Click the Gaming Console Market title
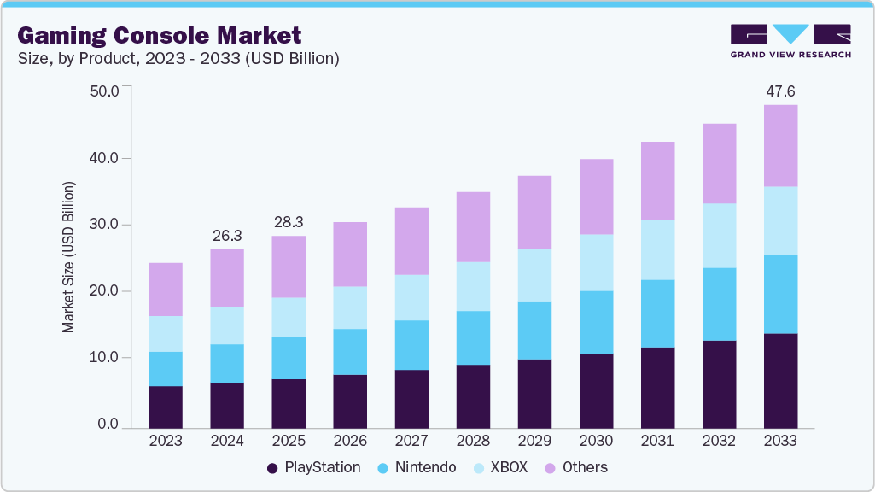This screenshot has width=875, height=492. point(160,36)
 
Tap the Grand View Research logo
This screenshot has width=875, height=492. point(790,41)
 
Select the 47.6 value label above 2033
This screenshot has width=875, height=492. point(780,91)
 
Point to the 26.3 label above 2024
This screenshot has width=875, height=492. point(226,235)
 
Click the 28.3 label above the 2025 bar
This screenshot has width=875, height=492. point(288,222)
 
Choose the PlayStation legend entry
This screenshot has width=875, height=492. point(313,467)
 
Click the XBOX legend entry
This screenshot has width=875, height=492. point(506,467)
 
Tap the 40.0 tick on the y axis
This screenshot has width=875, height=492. point(106,158)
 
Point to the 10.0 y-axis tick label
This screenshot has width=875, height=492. point(106,358)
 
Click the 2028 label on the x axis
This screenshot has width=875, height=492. point(472,442)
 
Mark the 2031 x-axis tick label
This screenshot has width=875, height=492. point(656,442)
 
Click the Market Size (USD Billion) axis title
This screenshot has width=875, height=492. point(68,256)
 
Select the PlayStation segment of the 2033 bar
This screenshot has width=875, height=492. point(780,380)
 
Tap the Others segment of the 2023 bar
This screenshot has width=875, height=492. point(165,290)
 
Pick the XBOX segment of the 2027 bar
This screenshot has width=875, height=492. point(411,297)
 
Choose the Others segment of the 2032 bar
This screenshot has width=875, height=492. point(719,163)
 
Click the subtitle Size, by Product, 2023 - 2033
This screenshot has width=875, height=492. point(178,58)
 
